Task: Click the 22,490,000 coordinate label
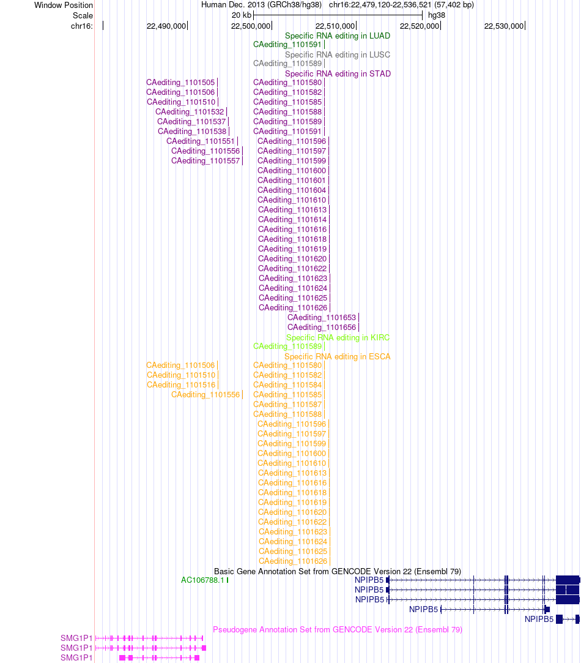[166, 26]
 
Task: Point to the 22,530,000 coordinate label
[504, 26]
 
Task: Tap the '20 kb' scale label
[242, 15]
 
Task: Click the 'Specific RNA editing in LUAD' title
[337, 36]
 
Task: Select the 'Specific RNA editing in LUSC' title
[337, 55]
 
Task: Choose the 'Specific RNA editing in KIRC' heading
[338, 337]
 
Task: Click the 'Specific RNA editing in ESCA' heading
[337, 356]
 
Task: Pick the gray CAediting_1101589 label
[287, 64]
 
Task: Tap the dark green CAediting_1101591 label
[287, 45]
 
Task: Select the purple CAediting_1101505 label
[180, 83]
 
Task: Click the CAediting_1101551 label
[200, 141]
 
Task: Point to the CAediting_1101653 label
[322, 318]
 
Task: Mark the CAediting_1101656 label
[322, 328]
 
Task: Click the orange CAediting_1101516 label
[181, 385]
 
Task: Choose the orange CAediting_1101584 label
[287, 385]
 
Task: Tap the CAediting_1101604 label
[292, 190]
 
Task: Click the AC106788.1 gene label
[202, 580]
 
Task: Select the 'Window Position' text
[64, 6]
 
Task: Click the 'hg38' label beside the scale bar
[437, 15]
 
